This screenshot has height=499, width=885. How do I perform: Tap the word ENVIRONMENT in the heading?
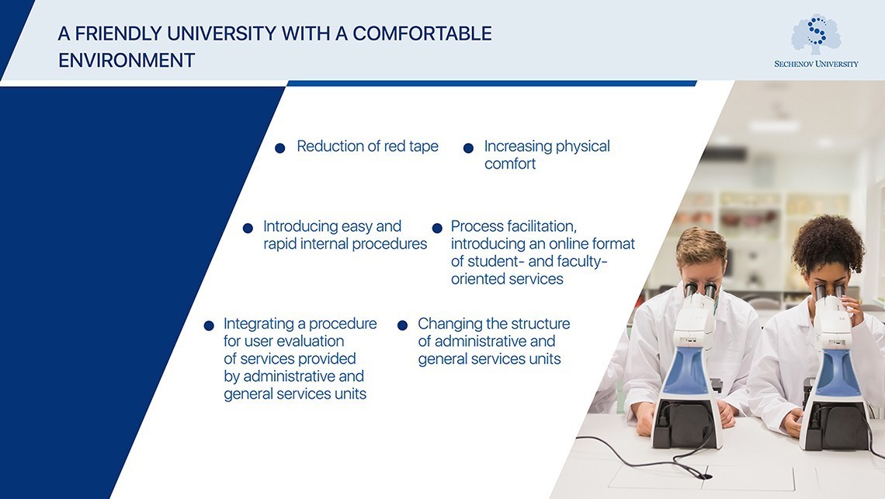point(127,61)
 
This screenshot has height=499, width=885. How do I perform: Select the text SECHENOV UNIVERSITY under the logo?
point(816,64)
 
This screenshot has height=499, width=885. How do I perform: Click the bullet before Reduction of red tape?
point(280,148)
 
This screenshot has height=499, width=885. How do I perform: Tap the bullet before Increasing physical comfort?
point(468,148)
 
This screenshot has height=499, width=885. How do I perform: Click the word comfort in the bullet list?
point(510,164)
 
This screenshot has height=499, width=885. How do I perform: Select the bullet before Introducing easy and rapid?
point(248,228)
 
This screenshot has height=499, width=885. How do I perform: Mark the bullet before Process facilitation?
point(436,228)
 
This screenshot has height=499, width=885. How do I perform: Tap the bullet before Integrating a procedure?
point(208,325)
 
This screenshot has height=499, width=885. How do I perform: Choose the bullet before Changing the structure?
point(402,325)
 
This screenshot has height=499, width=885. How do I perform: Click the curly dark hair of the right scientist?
point(828,241)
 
